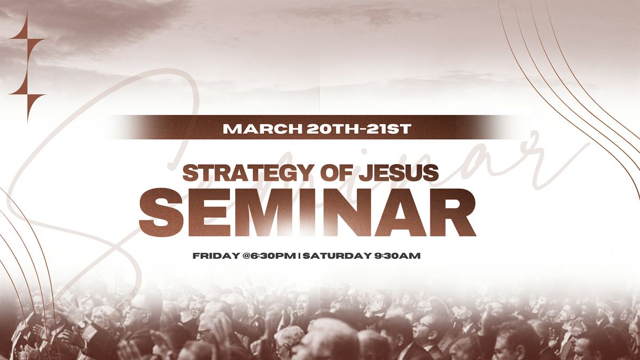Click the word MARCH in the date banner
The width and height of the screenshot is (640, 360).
(x=262, y=129)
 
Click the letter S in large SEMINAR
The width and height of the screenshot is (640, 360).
(x=161, y=212)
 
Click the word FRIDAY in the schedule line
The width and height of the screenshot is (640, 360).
(x=217, y=255)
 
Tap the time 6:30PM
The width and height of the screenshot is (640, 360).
(x=273, y=255)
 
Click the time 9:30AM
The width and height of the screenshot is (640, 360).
(x=397, y=255)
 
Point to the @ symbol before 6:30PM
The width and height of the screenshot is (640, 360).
(x=246, y=255)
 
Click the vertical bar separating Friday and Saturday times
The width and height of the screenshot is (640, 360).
(x=299, y=255)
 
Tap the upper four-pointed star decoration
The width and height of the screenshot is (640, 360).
(x=27, y=38)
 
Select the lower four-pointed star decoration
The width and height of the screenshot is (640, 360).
(x=27, y=94)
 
